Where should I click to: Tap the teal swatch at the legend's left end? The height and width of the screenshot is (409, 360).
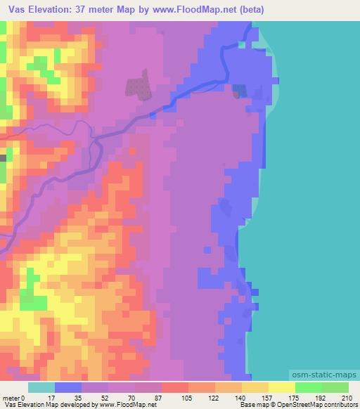click(41, 387)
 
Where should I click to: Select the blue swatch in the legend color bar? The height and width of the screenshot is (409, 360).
click(68, 387)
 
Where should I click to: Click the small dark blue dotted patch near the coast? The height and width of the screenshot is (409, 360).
click(240, 91)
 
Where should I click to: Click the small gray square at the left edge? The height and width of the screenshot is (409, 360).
click(2, 158)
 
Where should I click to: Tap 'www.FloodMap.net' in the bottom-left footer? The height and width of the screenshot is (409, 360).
click(122, 405)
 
